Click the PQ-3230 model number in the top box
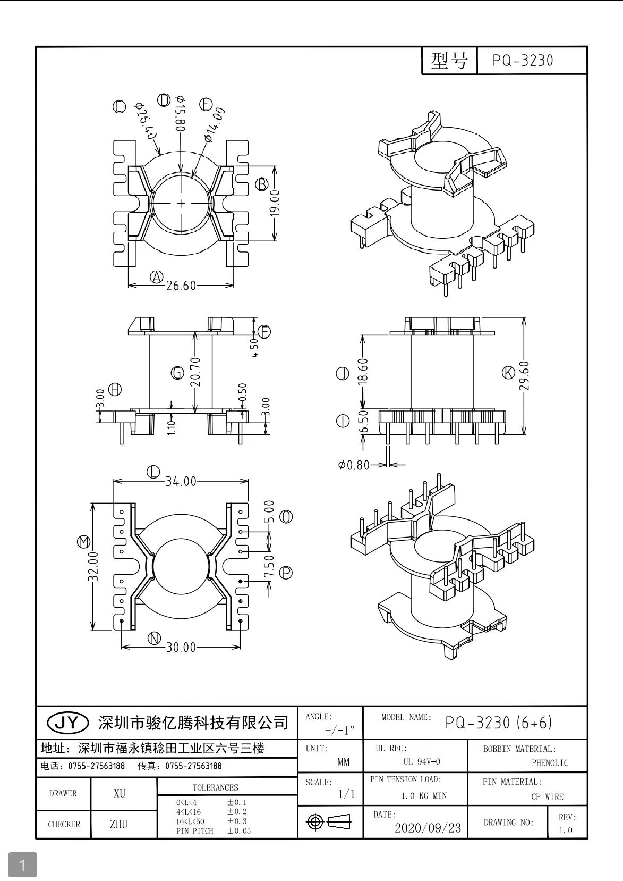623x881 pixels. [x=523, y=61]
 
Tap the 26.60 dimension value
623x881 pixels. [x=181, y=286]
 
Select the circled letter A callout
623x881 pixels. [x=156, y=276]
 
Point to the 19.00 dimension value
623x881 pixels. [x=275, y=203]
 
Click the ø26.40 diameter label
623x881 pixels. [x=146, y=121]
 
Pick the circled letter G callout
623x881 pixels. [x=178, y=373]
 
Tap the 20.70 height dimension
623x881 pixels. [x=195, y=372]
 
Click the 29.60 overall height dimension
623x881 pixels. [x=525, y=376]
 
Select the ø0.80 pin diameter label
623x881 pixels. [x=353, y=465]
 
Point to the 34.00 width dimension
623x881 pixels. [x=181, y=482]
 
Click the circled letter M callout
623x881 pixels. [x=83, y=542]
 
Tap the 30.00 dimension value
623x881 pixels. [x=181, y=648]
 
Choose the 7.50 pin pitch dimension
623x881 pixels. [x=269, y=567]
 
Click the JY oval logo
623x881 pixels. [x=67, y=722]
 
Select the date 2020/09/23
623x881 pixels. [x=428, y=828]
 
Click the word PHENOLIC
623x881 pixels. [x=550, y=763]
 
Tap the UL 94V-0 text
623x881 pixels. [x=422, y=762]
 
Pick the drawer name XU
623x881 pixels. [x=120, y=793]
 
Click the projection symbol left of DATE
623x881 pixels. [x=329, y=822]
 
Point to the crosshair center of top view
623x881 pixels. [x=181, y=203]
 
